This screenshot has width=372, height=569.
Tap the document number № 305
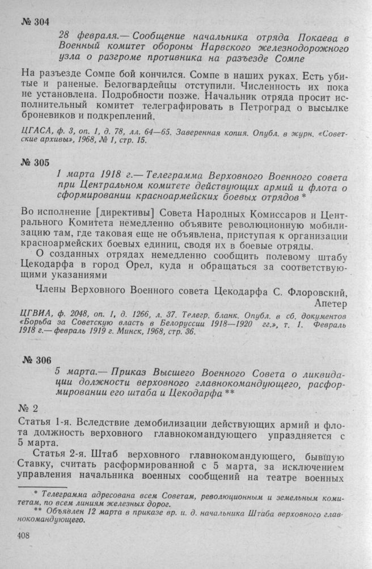pos(35,163)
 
